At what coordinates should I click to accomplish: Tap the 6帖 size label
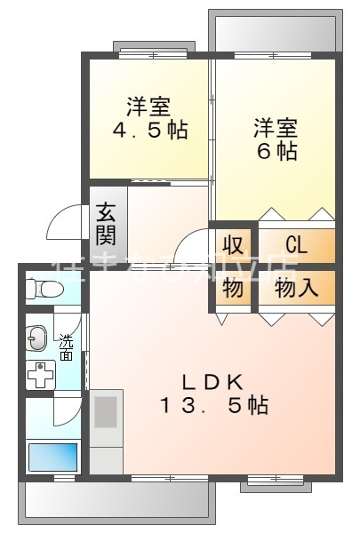[275, 150]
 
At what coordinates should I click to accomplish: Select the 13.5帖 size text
[213, 406]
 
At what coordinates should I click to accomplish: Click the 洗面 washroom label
[67, 346]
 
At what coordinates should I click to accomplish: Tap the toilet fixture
[43, 289]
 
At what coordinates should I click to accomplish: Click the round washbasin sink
[36, 337]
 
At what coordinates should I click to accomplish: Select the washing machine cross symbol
[40, 375]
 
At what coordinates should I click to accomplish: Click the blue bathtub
[53, 457]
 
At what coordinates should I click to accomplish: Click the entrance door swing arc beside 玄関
[64, 222]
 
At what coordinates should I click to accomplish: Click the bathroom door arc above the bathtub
[67, 410]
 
